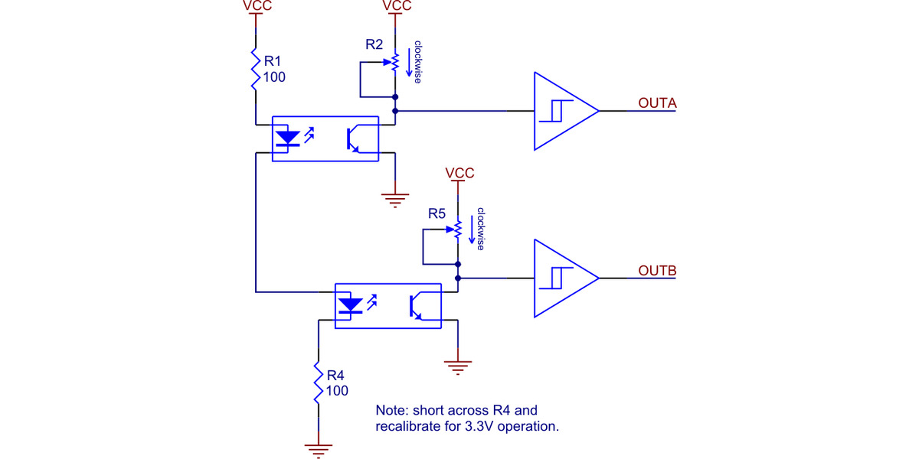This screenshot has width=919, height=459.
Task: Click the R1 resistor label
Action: (x=273, y=60)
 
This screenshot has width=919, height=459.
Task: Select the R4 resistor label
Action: (x=335, y=375)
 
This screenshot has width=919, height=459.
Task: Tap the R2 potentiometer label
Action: (x=374, y=45)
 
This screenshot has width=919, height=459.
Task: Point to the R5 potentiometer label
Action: (x=437, y=213)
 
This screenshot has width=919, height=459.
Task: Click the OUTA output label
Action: (x=656, y=103)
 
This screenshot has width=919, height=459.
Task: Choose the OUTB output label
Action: (x=656, y=271)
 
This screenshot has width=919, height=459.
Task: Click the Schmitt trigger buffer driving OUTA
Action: (x=563, y=111)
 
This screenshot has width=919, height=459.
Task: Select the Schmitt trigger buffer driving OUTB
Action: (x=563, y=279)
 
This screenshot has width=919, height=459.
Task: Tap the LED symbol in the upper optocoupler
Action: (x=288, y=138)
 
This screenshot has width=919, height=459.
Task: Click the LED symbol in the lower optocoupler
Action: (x=351, y=306)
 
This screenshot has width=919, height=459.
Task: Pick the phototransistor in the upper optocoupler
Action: (x=354, y=138)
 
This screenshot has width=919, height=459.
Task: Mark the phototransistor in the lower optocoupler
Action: (x=417, y=306)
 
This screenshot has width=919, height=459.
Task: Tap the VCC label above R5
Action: (x=459, y=174)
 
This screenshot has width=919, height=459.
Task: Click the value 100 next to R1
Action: (x=274, y=76)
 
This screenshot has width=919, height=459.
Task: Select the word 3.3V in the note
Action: (x=480, y=426)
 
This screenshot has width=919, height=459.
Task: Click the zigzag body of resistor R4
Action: (x=318, y=382)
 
